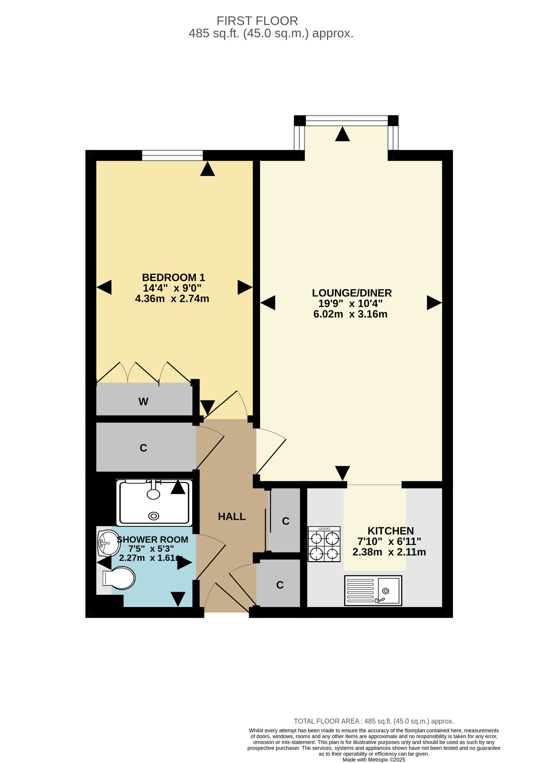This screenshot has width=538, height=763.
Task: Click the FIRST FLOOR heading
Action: click(257, 21)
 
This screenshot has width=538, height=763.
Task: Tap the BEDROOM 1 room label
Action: click(174, 277)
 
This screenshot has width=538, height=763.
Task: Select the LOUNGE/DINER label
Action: click(352, 293)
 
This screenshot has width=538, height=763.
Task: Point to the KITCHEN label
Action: click(391, 531)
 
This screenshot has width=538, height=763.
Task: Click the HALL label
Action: click(232, 516)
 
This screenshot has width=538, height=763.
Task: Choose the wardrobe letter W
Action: click(143, 402)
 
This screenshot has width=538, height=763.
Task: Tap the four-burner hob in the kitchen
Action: click(324, 544)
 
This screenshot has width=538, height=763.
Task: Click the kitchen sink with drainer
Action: click(373, 591)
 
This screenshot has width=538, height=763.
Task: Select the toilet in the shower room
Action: click(119, 578)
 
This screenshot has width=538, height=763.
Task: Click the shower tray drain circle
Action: click(154, 516)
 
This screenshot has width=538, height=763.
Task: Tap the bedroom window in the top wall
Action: click(172, 155)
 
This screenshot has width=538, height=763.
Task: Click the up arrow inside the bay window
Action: click(342, 134)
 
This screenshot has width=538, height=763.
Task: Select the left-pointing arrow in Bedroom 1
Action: click(104, 287)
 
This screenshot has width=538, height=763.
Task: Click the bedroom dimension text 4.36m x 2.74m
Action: click(172, 299)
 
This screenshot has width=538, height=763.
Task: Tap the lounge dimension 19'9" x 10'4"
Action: click(351, 303)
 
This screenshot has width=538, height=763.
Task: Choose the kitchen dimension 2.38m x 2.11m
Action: click(389, 552)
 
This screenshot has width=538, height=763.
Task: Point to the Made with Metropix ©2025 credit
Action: click(374, 759)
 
